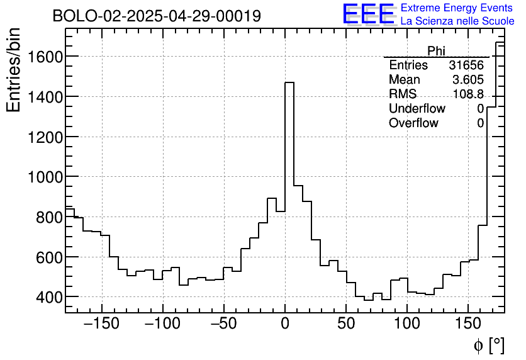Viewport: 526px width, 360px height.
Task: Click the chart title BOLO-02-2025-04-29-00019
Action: (x=157, y=16)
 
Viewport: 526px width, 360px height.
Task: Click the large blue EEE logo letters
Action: (x=369, y=14)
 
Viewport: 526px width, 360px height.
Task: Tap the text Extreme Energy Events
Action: (x=457, y=8)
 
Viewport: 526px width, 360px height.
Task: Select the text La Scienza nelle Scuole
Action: (x=457, y=21)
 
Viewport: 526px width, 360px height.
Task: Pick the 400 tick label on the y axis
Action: (x=48, y=297)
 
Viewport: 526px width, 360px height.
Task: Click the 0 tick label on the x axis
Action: (x=285, y=325)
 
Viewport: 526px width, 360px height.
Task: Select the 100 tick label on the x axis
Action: (x=407, y=325)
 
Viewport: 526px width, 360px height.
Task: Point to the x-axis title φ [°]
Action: (x=488, y=345)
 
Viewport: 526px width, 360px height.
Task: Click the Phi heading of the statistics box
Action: (x=436, y=51)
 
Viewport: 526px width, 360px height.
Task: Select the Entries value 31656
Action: (x=466, y=65)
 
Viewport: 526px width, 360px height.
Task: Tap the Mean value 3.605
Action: (x=468, y=80)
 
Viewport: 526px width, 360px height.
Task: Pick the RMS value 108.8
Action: (x=468, y=94)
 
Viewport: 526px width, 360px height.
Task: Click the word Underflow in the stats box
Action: (x=417, y=109)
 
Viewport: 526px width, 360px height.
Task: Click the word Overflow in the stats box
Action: (x=413, y=123)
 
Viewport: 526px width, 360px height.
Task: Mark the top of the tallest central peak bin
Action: (x=289, y=82)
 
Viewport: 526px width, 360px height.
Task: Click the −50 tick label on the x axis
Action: (x=224, y=325)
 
